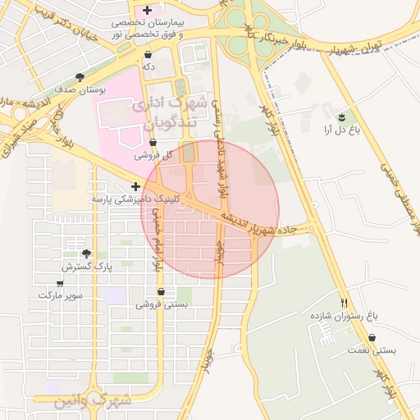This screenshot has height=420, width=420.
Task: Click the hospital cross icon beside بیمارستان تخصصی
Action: click(x=147, y=10)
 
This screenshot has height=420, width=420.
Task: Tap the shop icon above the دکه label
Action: click(x=148, y=54)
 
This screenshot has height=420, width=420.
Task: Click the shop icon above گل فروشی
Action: click(x=153, y=143)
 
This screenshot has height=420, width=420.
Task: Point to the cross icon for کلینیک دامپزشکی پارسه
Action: click(x=135, y=187)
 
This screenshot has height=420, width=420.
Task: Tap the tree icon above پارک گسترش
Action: click(x=86, y=253)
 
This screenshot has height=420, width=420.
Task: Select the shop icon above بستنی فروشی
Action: click(x=160, y=291)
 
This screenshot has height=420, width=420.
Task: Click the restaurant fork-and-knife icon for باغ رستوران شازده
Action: click(x=344, y=302)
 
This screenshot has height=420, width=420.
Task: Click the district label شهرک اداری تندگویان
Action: click(x=170, y=113)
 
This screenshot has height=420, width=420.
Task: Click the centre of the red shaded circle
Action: click(x=211, y=210)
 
